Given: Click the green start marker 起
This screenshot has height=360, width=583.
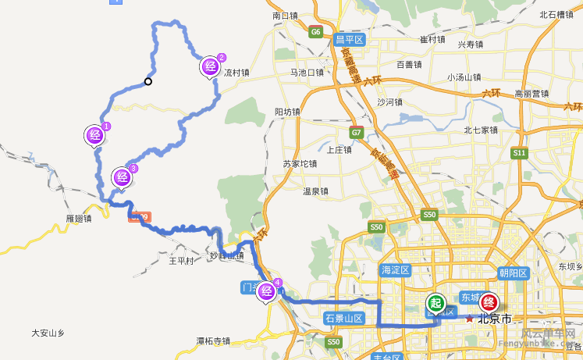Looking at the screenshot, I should tap(435, 302).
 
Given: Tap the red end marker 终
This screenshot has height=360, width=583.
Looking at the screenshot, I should tap(489, 301).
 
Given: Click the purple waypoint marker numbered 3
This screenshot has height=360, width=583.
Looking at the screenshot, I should tap(122, 176).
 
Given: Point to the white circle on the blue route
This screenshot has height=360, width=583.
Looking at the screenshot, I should tap(148, 81).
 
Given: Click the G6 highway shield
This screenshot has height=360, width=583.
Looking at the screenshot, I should tap(315, 32).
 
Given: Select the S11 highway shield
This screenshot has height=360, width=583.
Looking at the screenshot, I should tap(519, 153).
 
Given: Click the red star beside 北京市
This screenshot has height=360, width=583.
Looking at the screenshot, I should tap(470, 319).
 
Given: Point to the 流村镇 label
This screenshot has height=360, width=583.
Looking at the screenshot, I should tap(236, 73).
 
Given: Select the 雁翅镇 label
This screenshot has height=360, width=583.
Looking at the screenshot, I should tap(80, 219).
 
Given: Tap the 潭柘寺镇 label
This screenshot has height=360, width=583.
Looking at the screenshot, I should tap(213, 340).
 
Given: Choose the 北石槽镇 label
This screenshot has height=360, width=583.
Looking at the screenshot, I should tap(556, 15).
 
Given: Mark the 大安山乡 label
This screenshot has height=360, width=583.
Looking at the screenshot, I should tap(48, 333).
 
